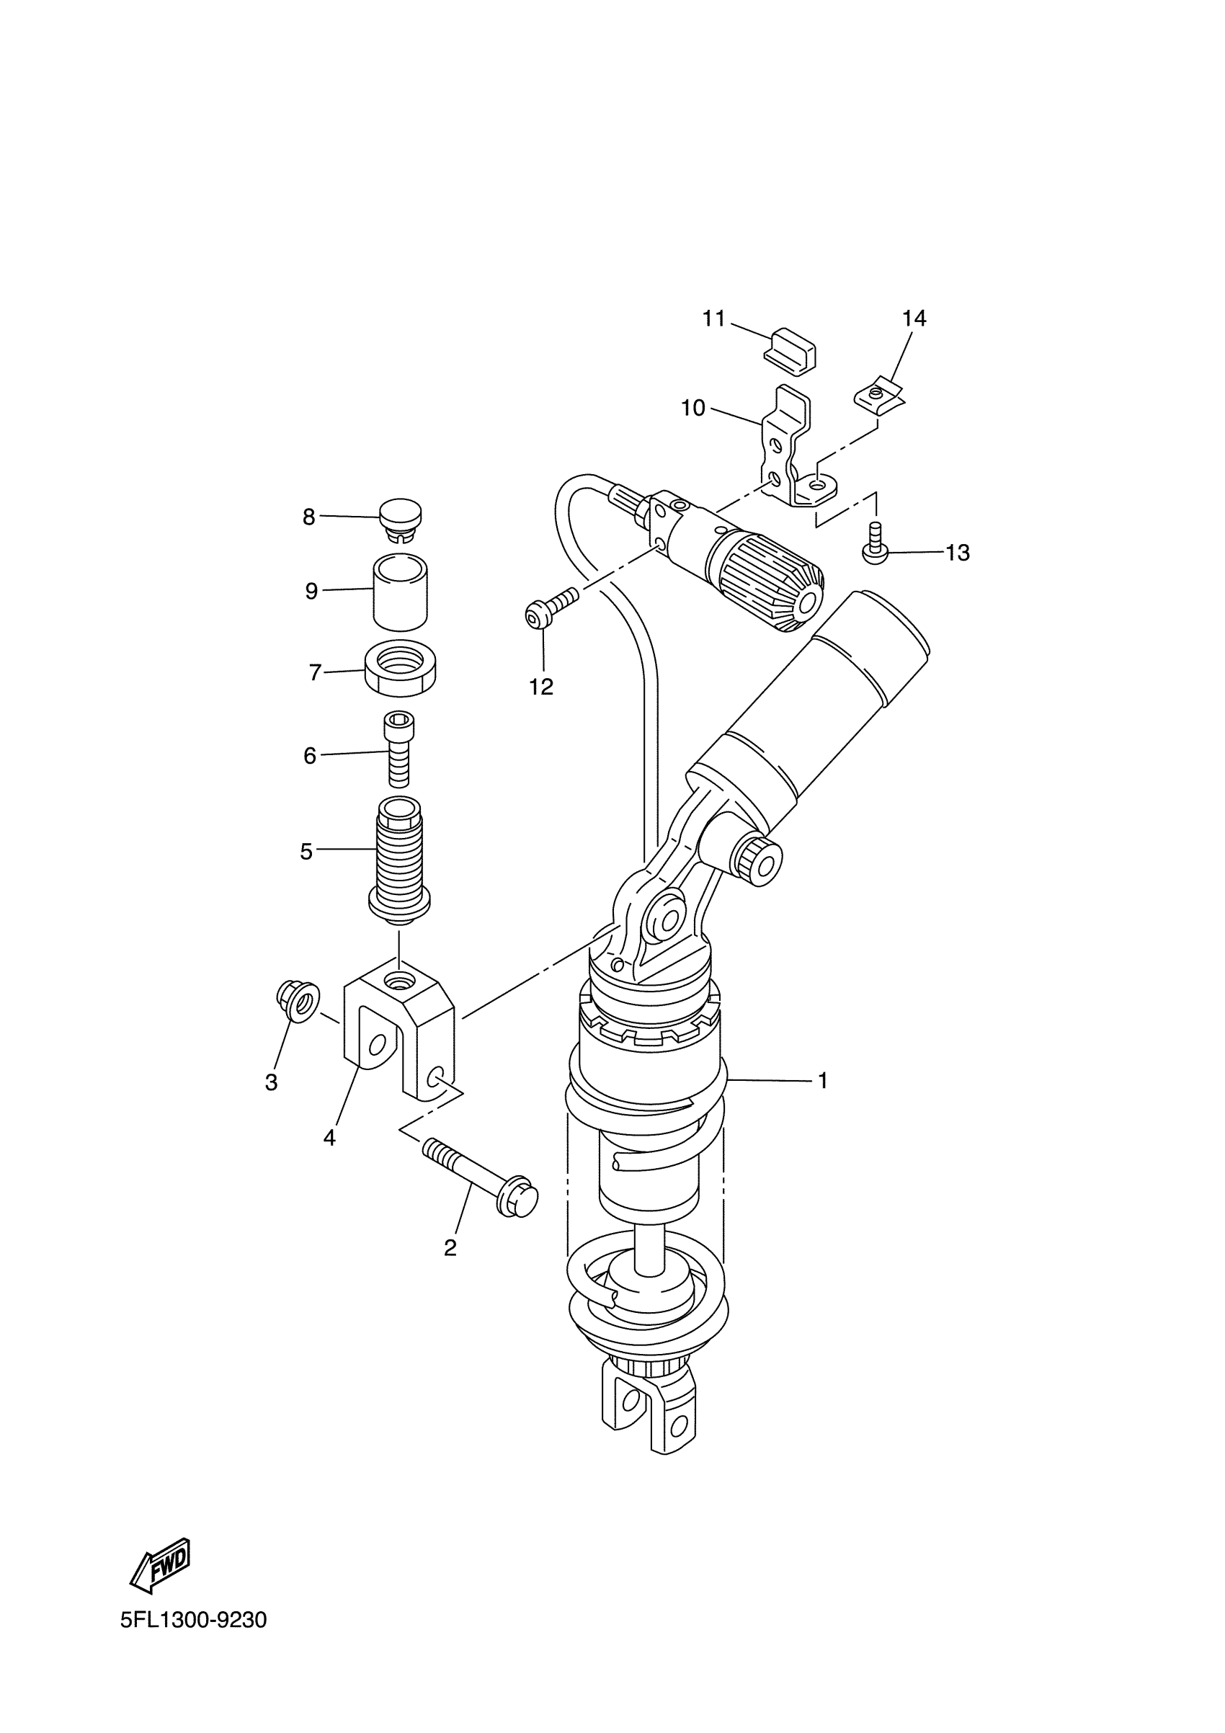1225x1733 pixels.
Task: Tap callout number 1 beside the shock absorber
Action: point(822,1082)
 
